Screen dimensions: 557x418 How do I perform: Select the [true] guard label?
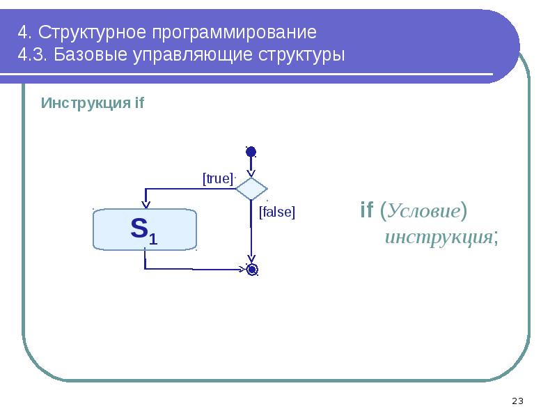(217, 178)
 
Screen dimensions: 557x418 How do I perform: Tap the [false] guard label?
(277, 212)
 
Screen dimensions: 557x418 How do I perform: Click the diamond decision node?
(251, 189)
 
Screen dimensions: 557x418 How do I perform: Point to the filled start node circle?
(251, 152)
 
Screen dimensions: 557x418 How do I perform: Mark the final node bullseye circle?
(252, 269)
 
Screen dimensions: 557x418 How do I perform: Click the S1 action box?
(145, 229)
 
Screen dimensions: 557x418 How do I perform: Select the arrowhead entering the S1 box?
(146, 203)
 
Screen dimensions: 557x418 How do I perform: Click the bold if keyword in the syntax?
(367, 210)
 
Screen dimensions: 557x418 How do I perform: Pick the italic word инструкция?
(439, 237)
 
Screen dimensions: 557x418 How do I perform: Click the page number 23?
(517, 401)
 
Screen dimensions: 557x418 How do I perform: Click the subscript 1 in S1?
(153, 239)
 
